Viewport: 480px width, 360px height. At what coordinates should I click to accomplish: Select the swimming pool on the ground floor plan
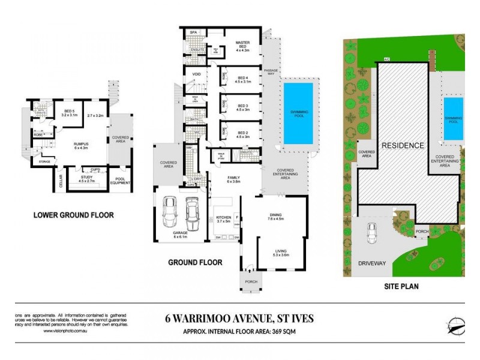[298, 113]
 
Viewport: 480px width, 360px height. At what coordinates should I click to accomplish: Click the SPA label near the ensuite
[194, 32]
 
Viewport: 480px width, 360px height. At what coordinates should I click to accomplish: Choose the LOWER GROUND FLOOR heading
[73, 215]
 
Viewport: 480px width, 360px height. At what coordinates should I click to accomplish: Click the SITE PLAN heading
[401, 287]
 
